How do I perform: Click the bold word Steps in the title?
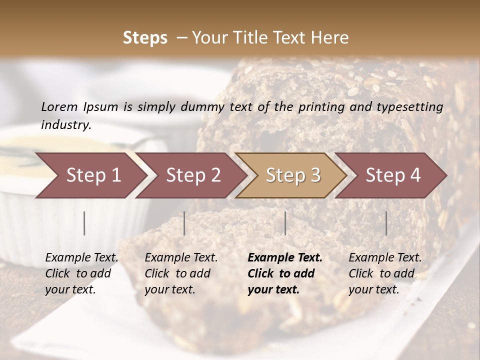(x=145, y=38)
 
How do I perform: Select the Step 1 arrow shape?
(x=90, y=175)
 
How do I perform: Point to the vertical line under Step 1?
(x=84, y=223)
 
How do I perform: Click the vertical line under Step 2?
(x=184, y=223)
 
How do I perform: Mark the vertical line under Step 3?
(x=285, y=223)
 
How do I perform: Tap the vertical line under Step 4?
(x=386, y=223)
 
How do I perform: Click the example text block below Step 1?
(x=81, y=273)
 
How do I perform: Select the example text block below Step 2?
(x=181, y=273)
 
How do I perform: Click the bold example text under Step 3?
(x=284, y=273)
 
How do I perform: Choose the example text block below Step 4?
(x=385, y=273)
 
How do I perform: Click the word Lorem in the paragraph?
(x=59, y=106)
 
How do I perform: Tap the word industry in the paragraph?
(x=65, y=125)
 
